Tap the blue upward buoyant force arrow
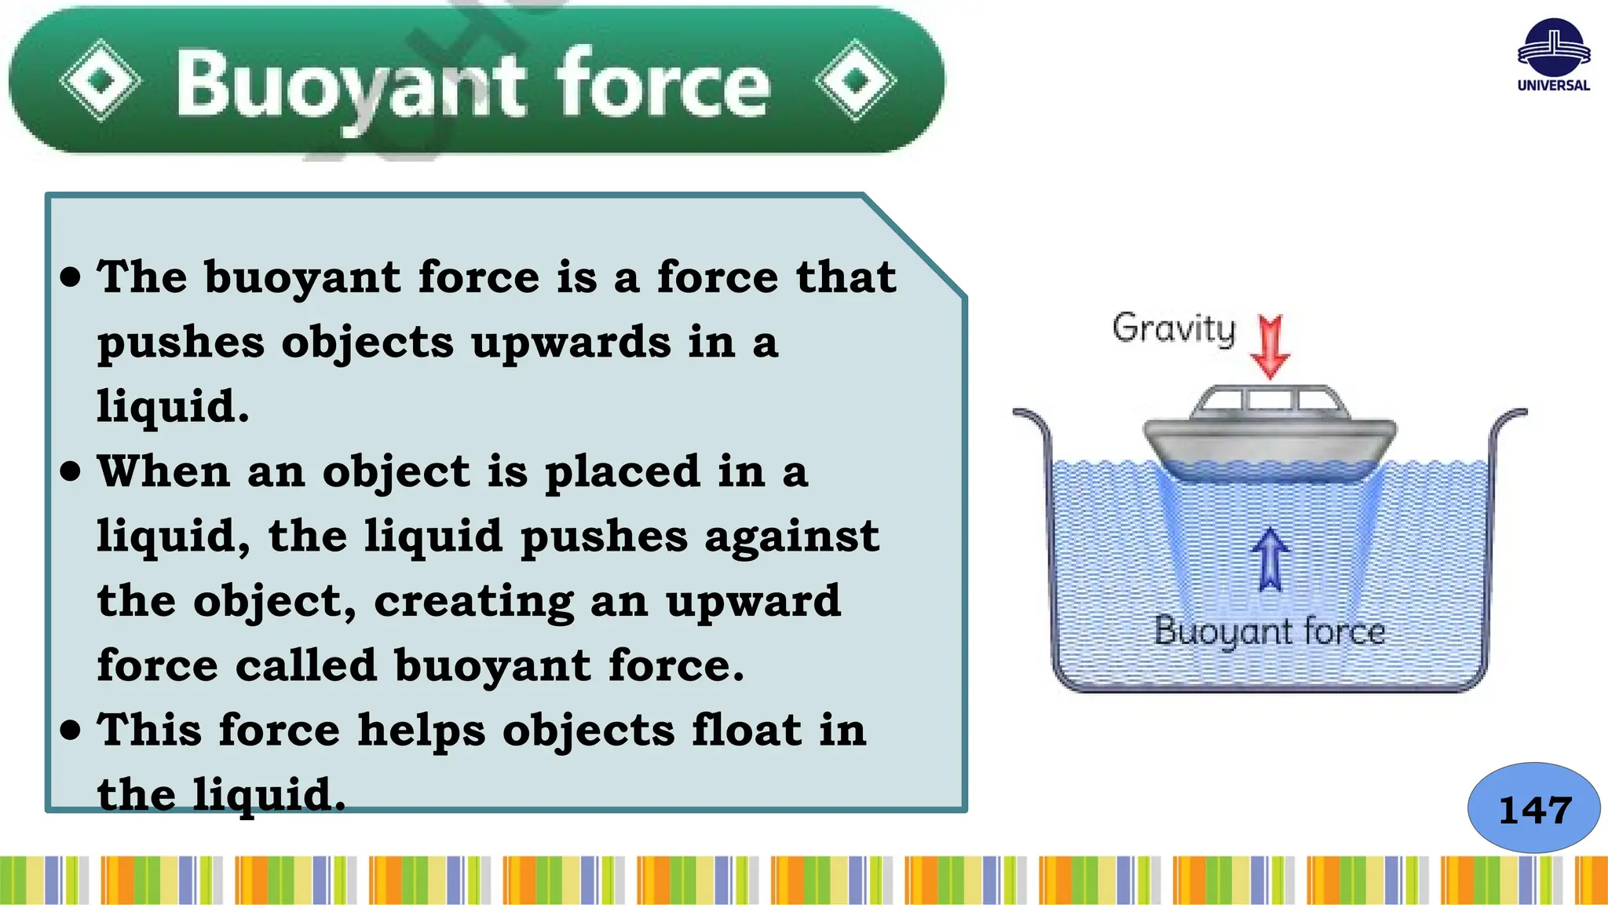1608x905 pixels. tap(1270, 559)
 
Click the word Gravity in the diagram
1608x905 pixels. tap(1174, 328)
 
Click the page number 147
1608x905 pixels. tap(1534, 809)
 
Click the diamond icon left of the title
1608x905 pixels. tap(100, 82)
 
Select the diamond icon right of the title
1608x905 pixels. tap(856, 82)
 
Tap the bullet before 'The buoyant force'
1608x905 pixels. tap(71, 277)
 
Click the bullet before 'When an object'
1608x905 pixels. tap(71, 471)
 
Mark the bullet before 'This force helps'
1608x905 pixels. tap(71, 730)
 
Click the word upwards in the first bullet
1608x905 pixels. tap(571, 343)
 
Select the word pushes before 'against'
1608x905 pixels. tap(604, 537)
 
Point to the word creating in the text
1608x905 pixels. tap(473, 602)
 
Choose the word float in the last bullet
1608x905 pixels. tap(747, 731)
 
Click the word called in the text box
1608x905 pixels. tap(306, 666)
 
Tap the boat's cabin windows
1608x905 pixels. tap(1270, 400)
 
